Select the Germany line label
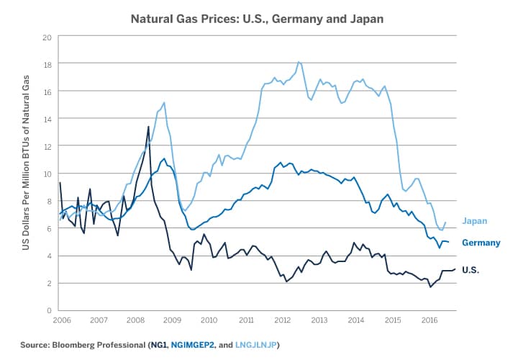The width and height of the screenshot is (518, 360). [481, 243]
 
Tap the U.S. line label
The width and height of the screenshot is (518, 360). [471, 270]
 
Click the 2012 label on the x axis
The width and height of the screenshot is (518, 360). [281, 319]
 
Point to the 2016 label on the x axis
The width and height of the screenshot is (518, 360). [430, 319]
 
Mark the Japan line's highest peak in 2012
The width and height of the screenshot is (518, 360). [299, 62]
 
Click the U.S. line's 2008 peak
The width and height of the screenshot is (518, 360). [148, 127]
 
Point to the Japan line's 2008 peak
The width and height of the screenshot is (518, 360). [164, 102]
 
